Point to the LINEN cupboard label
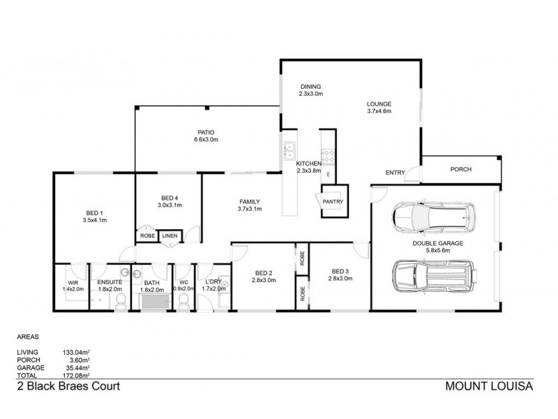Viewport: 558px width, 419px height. click(169, 236)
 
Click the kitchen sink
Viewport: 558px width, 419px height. click(289, 149)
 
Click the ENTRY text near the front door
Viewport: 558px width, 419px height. click(395, 172)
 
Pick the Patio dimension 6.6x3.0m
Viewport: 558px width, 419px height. click(206, 140)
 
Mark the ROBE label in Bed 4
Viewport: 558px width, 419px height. click(147, 236)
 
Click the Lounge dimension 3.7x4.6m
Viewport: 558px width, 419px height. click(379, 111)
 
